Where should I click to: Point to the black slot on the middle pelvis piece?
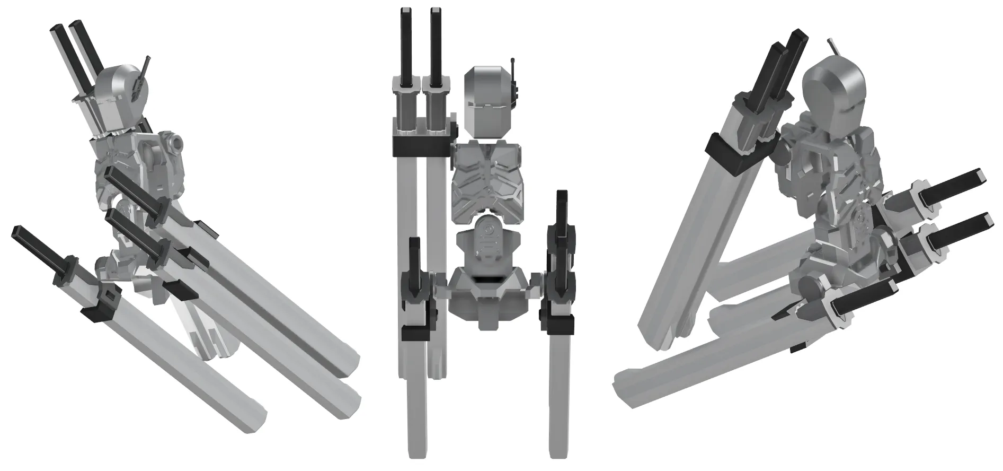coord(488,278)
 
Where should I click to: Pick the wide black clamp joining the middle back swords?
coord(421,146)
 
